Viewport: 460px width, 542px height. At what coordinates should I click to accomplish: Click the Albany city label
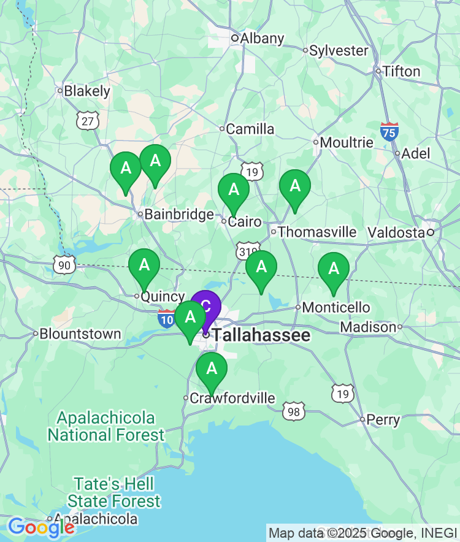pos(262,39)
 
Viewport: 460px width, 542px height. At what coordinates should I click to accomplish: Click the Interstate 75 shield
pos(389,131)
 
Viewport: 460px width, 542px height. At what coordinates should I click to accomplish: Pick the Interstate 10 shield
pos(166,318)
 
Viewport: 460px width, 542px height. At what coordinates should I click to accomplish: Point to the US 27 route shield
pos(88,121)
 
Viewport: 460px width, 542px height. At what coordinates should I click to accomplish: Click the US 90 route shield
pos(64,265)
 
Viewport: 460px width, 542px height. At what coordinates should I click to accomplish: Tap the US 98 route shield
pos(294,411)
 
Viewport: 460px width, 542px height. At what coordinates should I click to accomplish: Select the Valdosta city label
pos(396,232)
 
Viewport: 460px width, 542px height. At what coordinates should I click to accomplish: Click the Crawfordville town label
pos(232,399)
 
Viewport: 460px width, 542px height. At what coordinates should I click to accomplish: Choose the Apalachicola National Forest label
pos(106,427)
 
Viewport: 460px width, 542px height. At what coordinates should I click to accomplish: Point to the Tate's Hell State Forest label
pos(114,492)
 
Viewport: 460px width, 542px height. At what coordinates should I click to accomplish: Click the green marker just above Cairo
pos(234,189)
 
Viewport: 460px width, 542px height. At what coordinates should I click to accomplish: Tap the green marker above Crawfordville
pos(212,368)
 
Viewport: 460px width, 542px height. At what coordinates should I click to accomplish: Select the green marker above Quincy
pos(144,265)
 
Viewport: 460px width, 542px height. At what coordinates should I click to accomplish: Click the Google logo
pos(41,527)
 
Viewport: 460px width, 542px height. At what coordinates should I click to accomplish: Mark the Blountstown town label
pos(80,334)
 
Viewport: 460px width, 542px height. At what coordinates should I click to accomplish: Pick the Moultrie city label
pos(347,143)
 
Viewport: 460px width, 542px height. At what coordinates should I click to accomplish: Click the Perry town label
pos(383,421)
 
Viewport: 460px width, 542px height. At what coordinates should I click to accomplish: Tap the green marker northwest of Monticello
pos(261,267)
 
